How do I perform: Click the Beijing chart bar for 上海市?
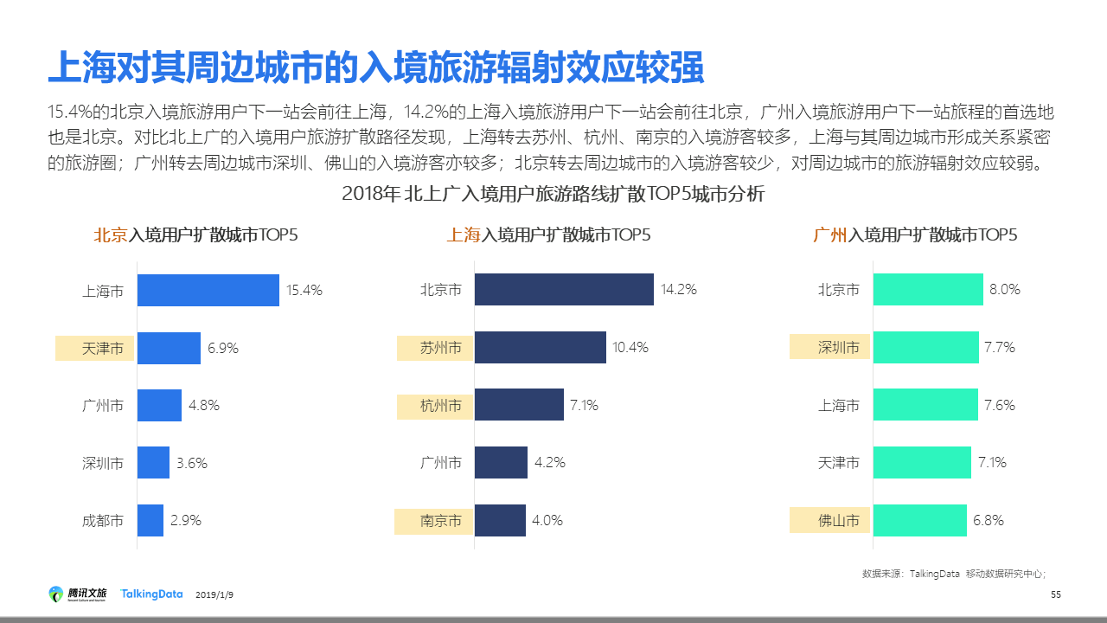tap(208, 290)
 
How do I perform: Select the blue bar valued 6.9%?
tap(169, 348)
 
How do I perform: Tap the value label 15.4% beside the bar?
tap(304, 291)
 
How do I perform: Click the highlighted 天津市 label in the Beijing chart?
tap(96, 349)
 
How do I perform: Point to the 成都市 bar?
tap(150, 520)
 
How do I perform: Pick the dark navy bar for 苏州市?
tap(540, 347)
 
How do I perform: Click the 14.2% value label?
tap(679, 290)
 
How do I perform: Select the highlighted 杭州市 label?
tap(436, 406)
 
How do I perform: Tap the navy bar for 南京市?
tap(500, 520)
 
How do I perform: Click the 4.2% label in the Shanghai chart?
tap(550, 463)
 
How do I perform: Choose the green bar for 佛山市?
tap(919, 520)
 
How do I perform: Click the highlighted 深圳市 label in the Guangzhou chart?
tap(830, 347)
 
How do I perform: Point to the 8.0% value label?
tap(1005, 290)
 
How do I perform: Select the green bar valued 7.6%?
tap(925, 405)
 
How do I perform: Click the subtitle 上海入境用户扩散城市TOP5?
tap(548, 235)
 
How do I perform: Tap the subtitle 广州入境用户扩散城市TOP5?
tap(915, 235)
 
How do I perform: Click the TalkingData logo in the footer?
tap(152, 594)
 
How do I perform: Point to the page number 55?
tap(1055, 594)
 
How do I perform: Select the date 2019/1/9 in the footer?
tap(214, 595)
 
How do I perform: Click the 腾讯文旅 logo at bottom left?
tap(79, 594)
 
